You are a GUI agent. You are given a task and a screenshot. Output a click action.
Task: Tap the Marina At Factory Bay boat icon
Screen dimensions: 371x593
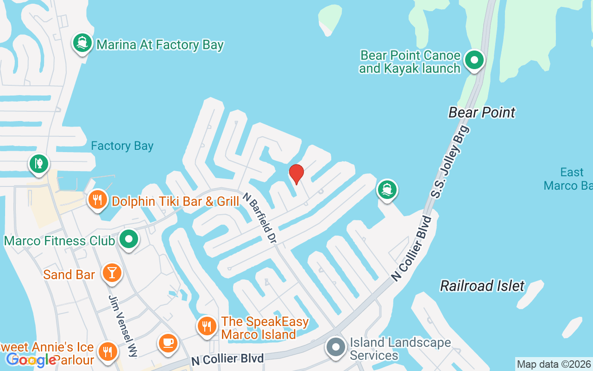pyautogui.click(x=82, y=43)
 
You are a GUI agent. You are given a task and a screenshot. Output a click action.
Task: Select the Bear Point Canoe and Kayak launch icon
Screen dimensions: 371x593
pyautogui.click(x=474, y=60)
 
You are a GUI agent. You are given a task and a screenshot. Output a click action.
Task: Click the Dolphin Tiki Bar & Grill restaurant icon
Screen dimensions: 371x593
pyautogui.click(x=97, y=200)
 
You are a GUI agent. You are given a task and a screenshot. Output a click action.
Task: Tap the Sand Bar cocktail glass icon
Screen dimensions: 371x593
pyautogui.click(x=112, y=272)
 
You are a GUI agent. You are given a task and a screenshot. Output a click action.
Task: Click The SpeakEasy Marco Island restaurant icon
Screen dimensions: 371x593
pyautogui.click(x=207, y=326)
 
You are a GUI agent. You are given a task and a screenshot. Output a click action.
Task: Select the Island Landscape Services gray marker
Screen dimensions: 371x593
pyautogui.click(x=335, y=348)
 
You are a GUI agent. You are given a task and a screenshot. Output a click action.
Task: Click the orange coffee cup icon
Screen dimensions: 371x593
pyautogui.click(x=167, y=343)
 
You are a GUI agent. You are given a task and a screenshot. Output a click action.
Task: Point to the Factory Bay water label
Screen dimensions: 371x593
pyautogui.click(x=122, y=146)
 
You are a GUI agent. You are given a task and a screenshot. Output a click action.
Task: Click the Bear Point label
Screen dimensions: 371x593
pyautogui.click(x=482, y=112)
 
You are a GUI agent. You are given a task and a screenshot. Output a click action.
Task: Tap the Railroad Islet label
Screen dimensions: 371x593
pyautogui.click(x=482, y=286)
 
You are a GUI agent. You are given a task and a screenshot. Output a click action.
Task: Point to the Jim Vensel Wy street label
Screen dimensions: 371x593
pyautogui.click(x=123, y=326)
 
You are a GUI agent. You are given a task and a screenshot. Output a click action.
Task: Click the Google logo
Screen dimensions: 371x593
pyautogui.click(x=31, y=359)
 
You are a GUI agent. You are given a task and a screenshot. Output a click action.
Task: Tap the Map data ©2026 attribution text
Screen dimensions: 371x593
pyautogui.click(x=554, y=364)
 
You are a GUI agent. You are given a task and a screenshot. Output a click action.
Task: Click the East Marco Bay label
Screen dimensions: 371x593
pyautogui.click(x=570, y=179)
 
